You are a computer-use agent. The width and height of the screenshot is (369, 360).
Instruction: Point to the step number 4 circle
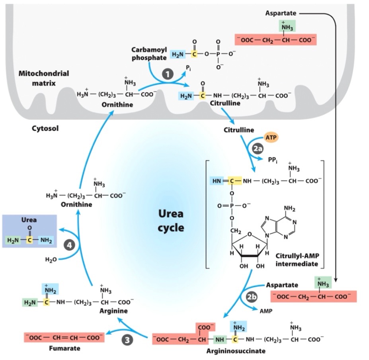(70, 245)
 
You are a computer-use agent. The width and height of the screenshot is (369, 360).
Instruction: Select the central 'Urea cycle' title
(171, 221)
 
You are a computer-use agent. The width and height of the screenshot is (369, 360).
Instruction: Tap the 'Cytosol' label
(45, 129)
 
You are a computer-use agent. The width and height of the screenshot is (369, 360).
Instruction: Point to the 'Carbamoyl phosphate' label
(149, 53)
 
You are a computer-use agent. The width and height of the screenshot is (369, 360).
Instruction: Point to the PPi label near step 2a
(273, 160)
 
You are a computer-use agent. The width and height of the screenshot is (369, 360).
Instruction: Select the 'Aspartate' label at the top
(281, 14)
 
